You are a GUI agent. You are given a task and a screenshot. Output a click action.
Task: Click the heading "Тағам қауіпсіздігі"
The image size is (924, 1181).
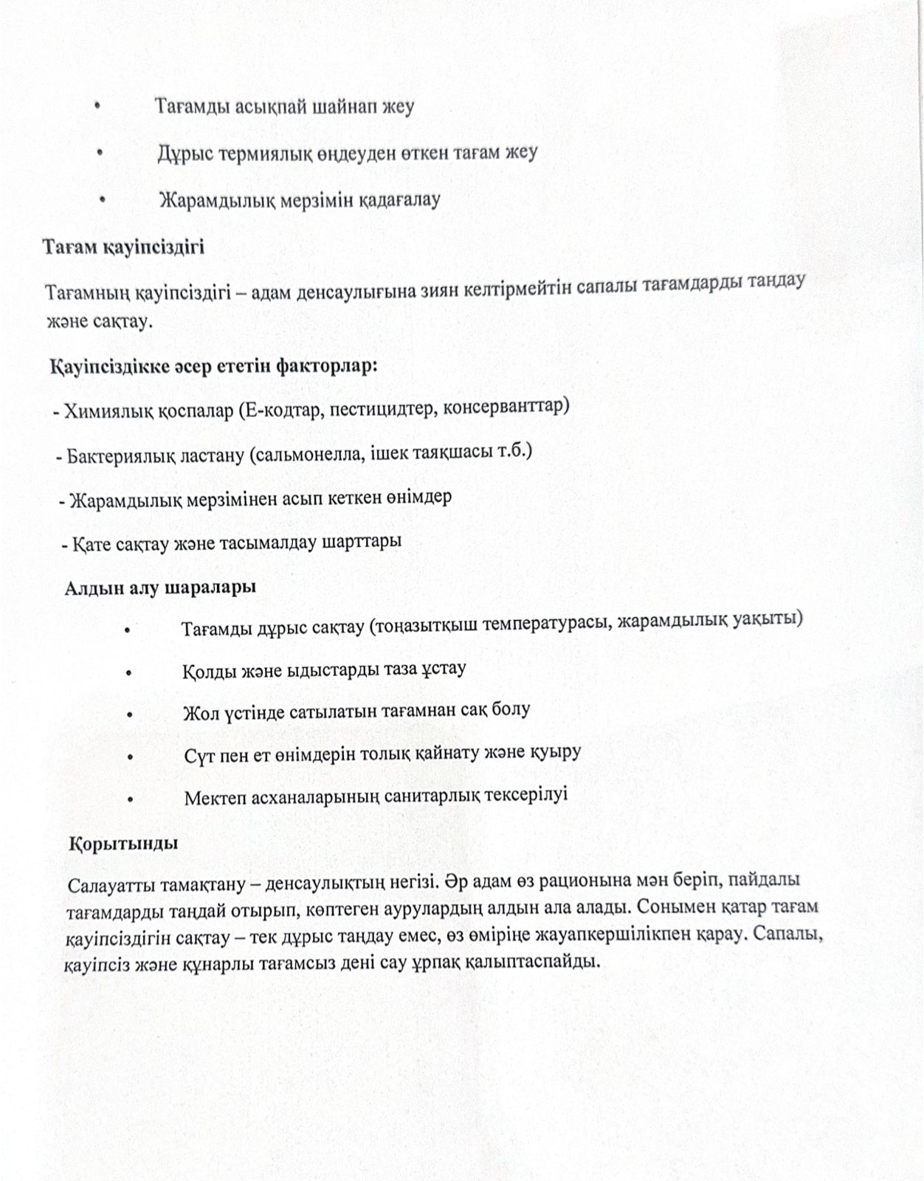click(x=123, y=247)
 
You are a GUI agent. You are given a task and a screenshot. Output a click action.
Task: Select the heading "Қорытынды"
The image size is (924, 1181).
click(x=123, y=843)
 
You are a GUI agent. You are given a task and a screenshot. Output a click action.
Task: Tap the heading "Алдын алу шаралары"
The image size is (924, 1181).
click(x=160, y=588)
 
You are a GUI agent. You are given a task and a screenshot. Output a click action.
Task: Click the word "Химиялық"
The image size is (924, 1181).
click(x=108, y=410)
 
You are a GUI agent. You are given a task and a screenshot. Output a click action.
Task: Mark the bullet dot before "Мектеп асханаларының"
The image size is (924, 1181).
click(x=130, y=799)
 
